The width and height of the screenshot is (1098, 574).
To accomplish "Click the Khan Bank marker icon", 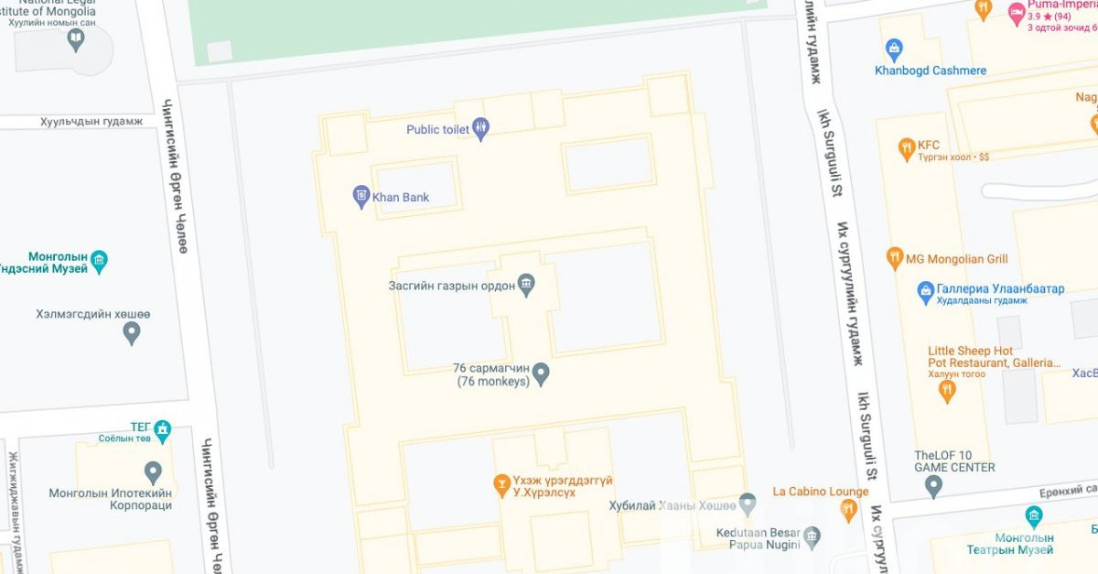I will (361, 196).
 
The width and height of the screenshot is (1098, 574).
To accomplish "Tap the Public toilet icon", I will (481, 129).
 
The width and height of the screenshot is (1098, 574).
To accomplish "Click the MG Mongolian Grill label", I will (956, 259).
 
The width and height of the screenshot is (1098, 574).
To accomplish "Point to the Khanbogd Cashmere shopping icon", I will (894, 49).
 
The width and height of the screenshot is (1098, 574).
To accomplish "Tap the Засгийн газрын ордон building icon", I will (526, 285).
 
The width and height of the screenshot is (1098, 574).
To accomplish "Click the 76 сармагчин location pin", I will (541, 374).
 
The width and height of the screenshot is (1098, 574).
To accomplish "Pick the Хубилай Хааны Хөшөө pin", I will (748, 504).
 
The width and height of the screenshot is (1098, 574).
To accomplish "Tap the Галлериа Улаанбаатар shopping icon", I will (926, 291).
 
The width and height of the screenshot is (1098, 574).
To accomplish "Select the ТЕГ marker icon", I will (163, 428).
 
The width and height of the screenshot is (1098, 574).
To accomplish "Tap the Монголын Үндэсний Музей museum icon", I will (99, 261).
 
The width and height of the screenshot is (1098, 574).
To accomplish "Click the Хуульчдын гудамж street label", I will (91, 122).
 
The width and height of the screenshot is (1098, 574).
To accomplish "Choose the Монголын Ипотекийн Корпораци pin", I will (153, 472).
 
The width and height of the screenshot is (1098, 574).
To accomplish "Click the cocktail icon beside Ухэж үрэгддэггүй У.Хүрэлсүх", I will (501, 482).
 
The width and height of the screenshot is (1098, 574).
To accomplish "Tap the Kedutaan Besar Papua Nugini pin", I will (813, 537).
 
